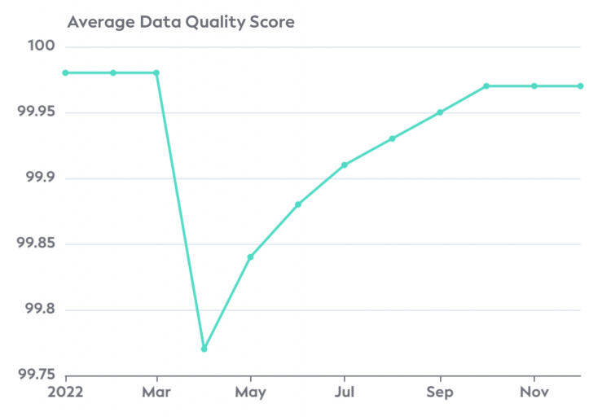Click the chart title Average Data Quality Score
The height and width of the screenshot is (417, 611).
(x=180, y=22)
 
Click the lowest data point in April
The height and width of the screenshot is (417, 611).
(x=204, y=349)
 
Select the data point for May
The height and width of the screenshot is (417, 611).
(x=251, y=257)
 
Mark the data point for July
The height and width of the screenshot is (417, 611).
(x=345, y=165)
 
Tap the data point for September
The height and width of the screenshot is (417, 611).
(x=440, y=112)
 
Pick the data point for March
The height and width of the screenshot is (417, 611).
(x=156, y=72)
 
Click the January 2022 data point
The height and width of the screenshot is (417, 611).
(x=65, y=72)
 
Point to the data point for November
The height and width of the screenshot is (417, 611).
(x=534, y=86)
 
